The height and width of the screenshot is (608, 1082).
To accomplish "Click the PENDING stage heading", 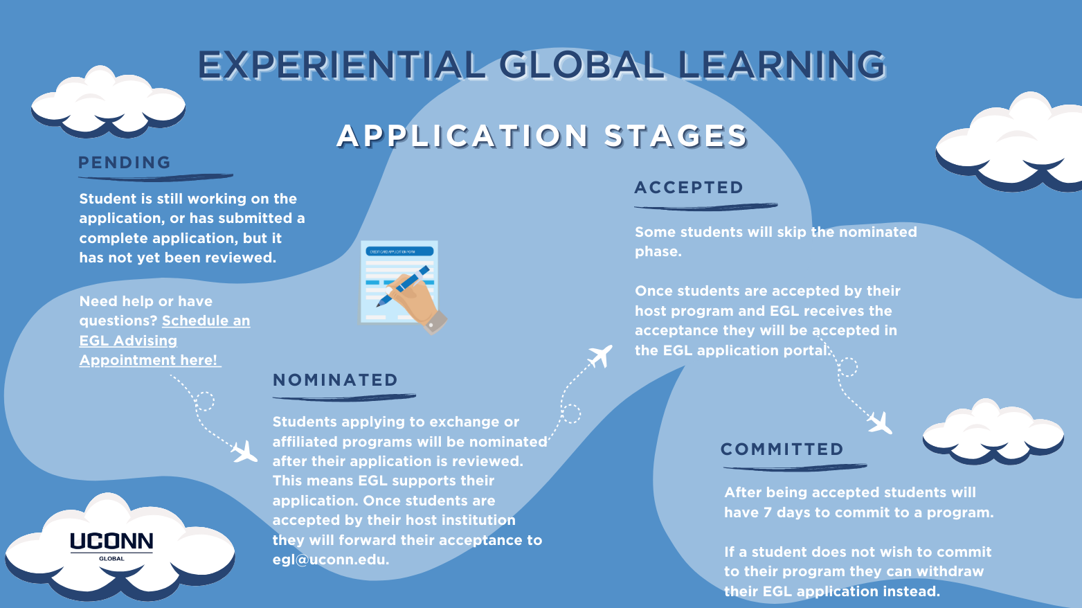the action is point(125,163).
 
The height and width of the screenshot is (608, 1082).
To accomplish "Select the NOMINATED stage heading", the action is point(335,380).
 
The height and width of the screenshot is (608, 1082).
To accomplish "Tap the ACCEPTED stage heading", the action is point(689,188).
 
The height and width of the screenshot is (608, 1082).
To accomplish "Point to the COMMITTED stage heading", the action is point(782,449).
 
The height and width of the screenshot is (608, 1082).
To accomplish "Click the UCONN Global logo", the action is point(111,546).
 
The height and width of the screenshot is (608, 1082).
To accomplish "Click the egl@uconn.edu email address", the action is point(330,560).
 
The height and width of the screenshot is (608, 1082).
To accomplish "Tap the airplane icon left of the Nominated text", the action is point(244,452).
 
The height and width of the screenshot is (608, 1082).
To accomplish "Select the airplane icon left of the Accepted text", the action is point(600,356).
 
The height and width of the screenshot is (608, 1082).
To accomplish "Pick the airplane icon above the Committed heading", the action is point(880,423).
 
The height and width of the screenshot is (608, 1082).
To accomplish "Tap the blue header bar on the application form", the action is point(399,251).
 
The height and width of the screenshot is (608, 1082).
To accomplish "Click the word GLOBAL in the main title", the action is point(581,65).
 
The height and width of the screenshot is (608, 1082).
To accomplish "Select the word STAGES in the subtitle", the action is point(676,136).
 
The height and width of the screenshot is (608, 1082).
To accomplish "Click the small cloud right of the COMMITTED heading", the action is point(993,431).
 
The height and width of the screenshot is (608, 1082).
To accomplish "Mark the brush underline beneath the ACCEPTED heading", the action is point(705,207).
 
